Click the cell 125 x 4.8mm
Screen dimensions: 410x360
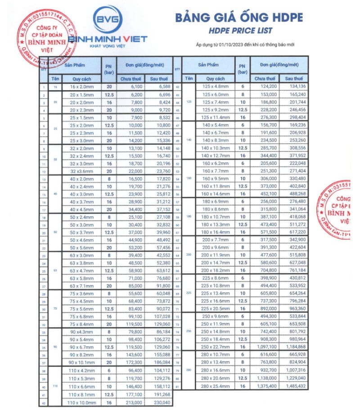tap(213, 87)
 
